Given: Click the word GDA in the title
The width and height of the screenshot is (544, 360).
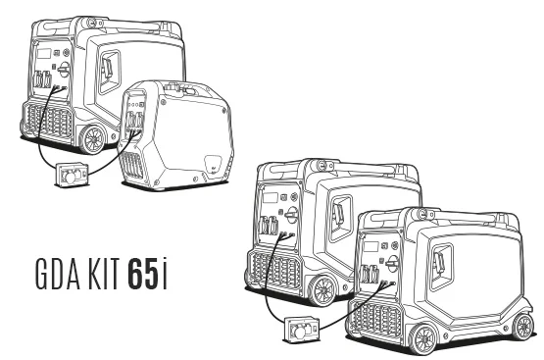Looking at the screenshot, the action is point(58,274).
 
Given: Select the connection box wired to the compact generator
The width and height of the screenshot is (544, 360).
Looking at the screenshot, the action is point(72,175).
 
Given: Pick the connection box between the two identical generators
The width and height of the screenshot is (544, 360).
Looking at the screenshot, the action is point(301,330).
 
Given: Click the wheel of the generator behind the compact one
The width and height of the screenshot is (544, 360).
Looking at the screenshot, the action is point(93,139).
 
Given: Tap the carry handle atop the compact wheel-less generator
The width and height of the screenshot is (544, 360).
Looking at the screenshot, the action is point(180,88).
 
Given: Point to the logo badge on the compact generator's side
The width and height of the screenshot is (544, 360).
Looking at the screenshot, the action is point(213,164).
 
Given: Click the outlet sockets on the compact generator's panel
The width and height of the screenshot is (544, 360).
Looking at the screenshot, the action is point(135,120).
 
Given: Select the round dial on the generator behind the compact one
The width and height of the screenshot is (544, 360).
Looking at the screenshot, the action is point(64,70).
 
